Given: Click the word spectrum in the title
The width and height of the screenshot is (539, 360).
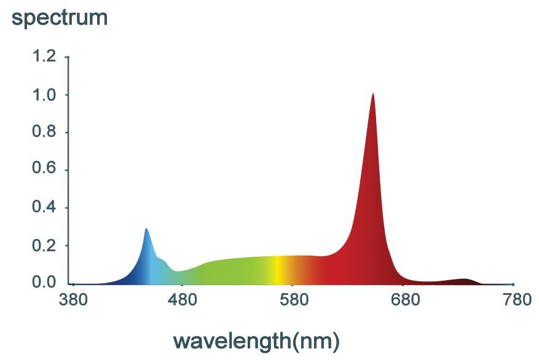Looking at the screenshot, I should click(x=60, y=17).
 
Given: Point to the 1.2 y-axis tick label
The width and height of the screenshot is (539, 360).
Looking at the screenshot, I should click(x=44, y=57).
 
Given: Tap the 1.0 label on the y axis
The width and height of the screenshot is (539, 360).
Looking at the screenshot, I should click(x=44, y=95).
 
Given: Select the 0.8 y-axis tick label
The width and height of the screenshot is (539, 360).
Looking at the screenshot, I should click(x=44, y=133).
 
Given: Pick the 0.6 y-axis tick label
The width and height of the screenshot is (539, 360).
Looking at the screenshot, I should click(x=44, y=170).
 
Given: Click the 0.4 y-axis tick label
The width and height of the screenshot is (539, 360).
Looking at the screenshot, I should click(x=44, y=208).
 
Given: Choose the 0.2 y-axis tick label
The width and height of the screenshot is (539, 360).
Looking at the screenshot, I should click(x=44, y=246).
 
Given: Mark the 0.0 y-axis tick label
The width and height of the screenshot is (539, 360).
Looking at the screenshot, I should click(x=44, y=283).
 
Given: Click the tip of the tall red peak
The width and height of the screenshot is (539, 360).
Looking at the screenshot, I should click(x=373, y=95).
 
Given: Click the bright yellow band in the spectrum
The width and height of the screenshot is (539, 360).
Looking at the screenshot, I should click(x=278, y=270).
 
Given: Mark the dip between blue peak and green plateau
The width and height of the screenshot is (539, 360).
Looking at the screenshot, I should click(x=177, y=272).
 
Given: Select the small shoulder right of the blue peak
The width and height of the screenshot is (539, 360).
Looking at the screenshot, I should click(x=161, y=260).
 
